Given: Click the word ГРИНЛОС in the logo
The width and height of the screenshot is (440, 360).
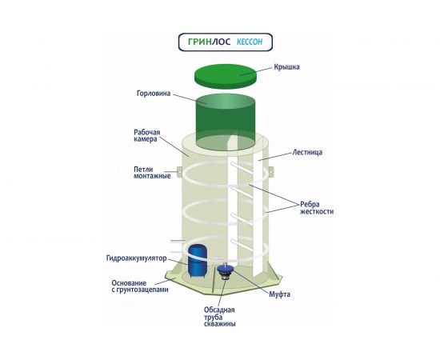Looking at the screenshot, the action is (209, 42).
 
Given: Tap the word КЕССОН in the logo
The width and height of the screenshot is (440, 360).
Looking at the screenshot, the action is (250, 42).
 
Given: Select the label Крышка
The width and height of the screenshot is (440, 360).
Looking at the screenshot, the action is (286, 67).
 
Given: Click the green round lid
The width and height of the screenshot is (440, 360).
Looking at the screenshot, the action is (226, 76).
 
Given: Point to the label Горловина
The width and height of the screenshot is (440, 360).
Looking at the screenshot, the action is (154, 93).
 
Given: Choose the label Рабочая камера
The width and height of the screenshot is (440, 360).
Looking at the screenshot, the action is (146, 135).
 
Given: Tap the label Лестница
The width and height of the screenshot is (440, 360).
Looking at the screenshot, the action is (307, 152).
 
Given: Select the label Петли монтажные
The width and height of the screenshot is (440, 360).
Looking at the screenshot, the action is (152, 173).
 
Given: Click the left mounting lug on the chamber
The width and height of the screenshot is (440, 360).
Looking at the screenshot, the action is (179, 172).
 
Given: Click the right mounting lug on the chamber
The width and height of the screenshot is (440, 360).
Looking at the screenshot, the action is (270, 172).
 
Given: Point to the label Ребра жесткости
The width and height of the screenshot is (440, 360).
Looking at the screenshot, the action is (317, 208).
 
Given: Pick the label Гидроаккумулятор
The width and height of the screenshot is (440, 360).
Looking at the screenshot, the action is (136, 258).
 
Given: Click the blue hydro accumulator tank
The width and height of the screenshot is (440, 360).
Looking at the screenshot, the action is (198, 261).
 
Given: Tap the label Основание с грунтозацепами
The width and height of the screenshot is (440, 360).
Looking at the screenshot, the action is (140, 286).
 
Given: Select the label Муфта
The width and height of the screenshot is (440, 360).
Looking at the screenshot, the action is (279, 294).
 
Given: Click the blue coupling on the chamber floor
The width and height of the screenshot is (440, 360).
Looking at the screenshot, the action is (226, 271).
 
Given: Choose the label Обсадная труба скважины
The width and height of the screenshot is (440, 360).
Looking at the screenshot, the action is (220, 317).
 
